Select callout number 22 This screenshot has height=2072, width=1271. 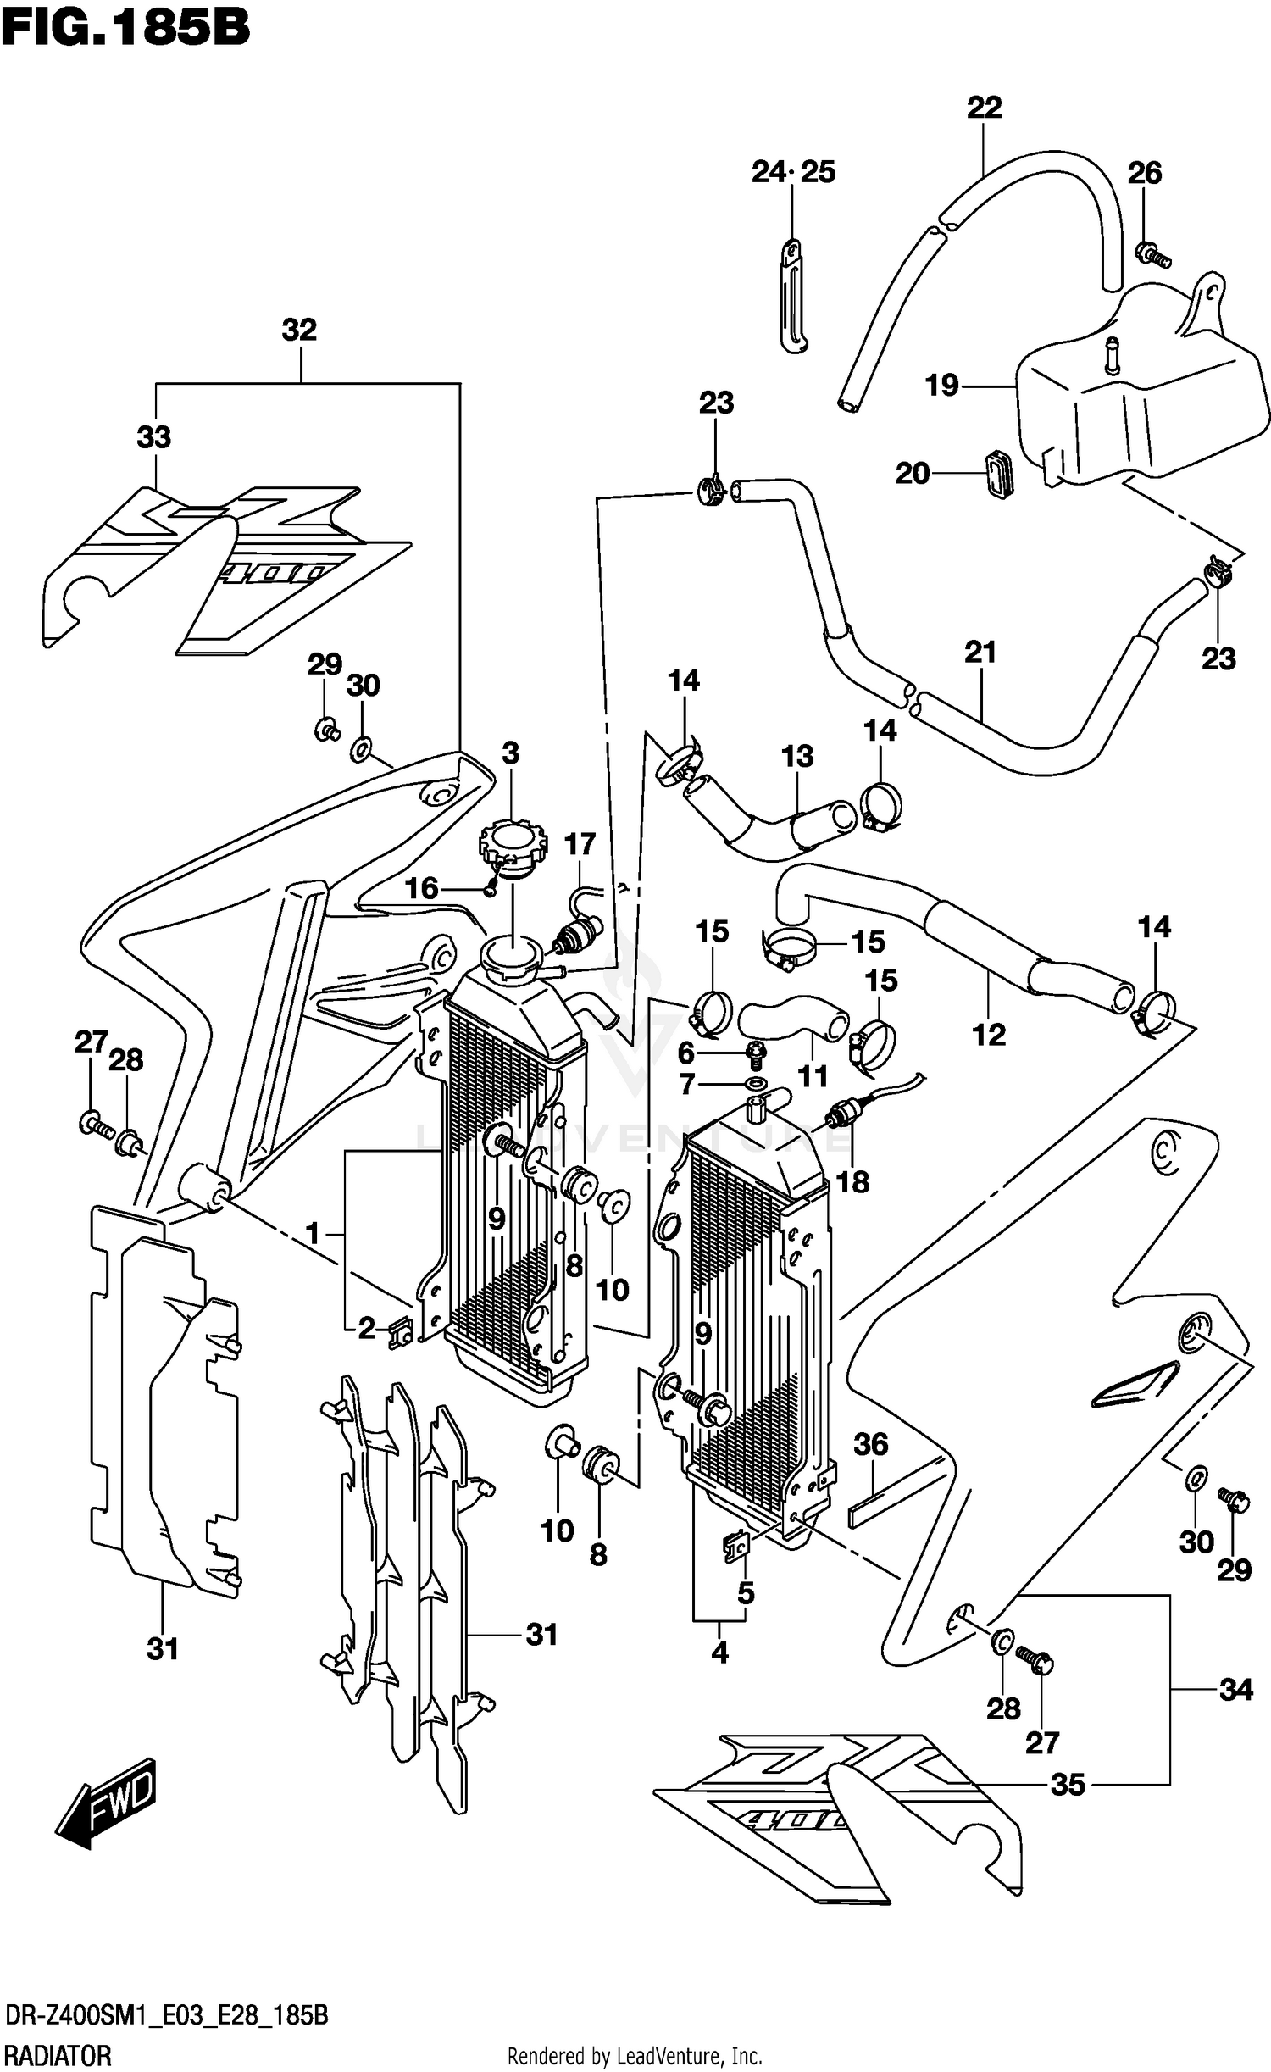[x=984, y=108]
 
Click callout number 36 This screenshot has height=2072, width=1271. [x=870, y=1443]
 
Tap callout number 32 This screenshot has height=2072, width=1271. [x=299, y=331]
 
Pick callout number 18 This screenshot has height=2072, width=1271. [x=852, y=1181]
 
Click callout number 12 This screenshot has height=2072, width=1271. [x=989, y=1034]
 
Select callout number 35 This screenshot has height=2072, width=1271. [x=1068, y=1785]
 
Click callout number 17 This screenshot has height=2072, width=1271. [x=580, y=844]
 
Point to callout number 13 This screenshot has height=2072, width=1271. [x=796, y=756]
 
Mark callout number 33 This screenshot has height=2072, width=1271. [x=154, y=437]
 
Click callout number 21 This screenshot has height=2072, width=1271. [x=980, y=652]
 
